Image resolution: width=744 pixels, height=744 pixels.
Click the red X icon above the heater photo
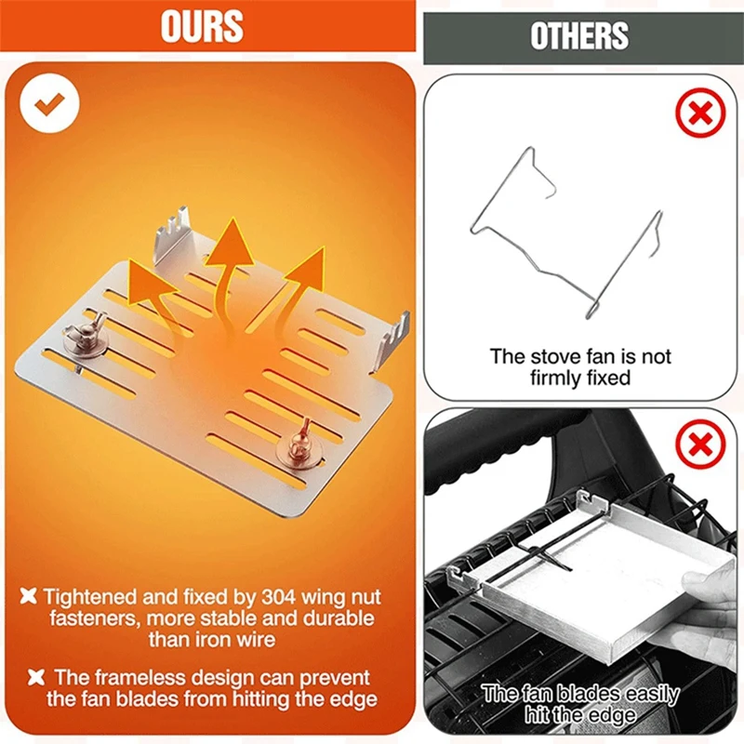point(700,447)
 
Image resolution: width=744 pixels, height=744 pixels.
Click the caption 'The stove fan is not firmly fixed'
point(579,366)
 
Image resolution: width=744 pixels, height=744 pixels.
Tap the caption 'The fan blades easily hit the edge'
point(579,705)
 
